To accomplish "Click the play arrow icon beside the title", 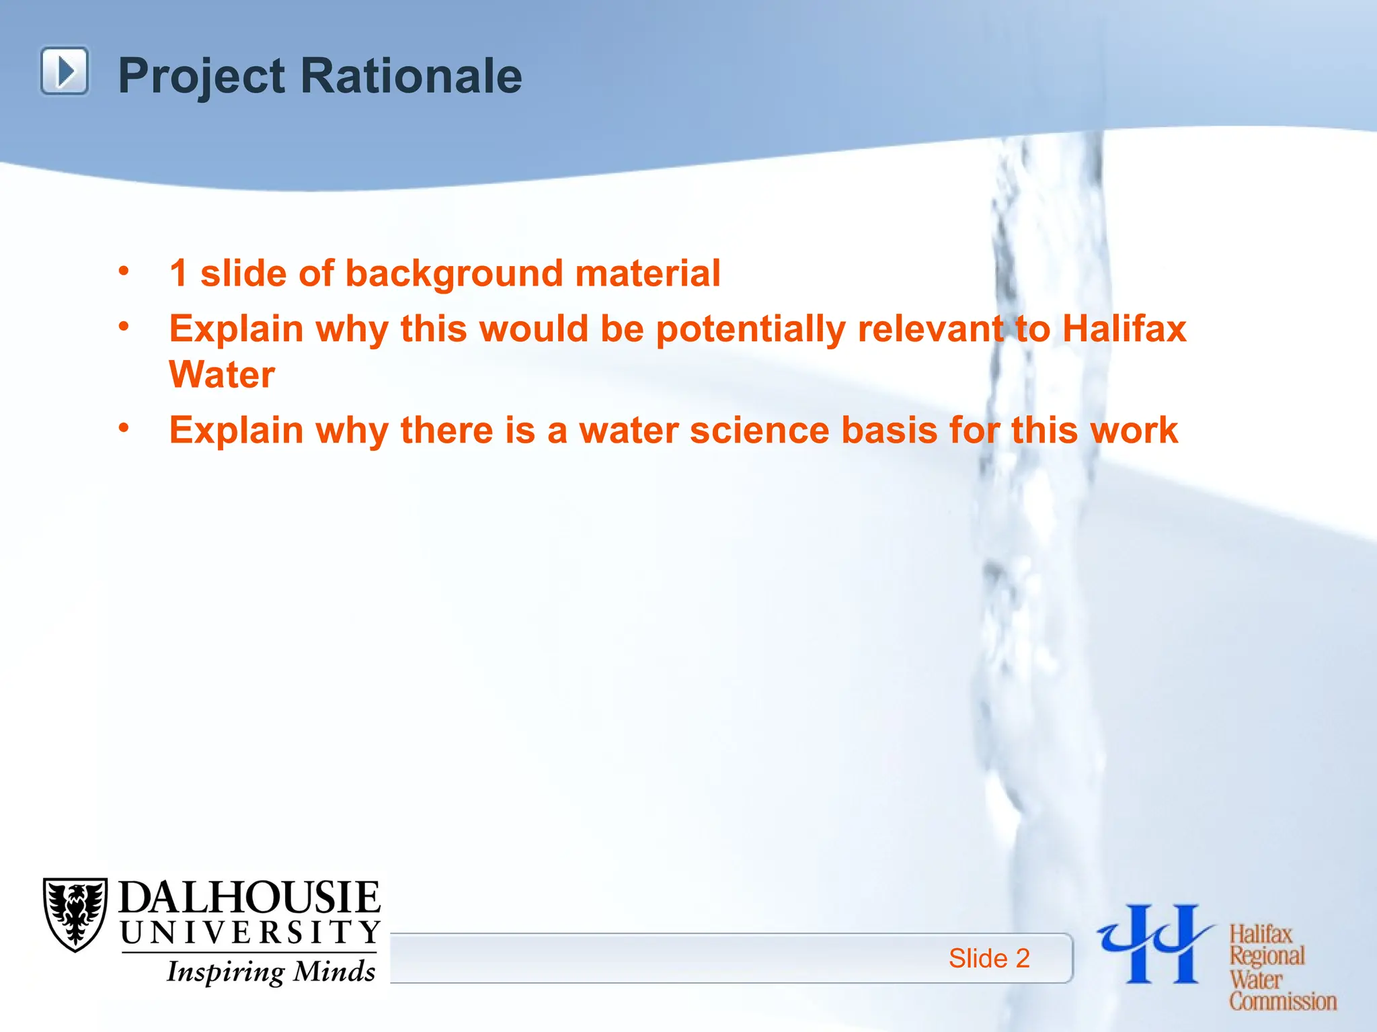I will click(x=65, y=71).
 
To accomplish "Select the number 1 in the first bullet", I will click(x=178, y=273).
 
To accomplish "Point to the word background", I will click(x=454, y=274).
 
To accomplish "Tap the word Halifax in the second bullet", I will click(x=1124, y=329).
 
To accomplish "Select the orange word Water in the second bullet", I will click(x=222, y=374).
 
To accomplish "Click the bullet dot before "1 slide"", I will click(x=124, y=271).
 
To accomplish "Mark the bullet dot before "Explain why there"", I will click(x=124, y=428).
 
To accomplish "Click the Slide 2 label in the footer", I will click(x=989, y=958).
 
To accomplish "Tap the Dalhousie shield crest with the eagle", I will click(x=75, y=914).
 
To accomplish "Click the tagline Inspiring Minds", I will click(x=271, y=972).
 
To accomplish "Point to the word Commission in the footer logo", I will click(x=1283, y=1001).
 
